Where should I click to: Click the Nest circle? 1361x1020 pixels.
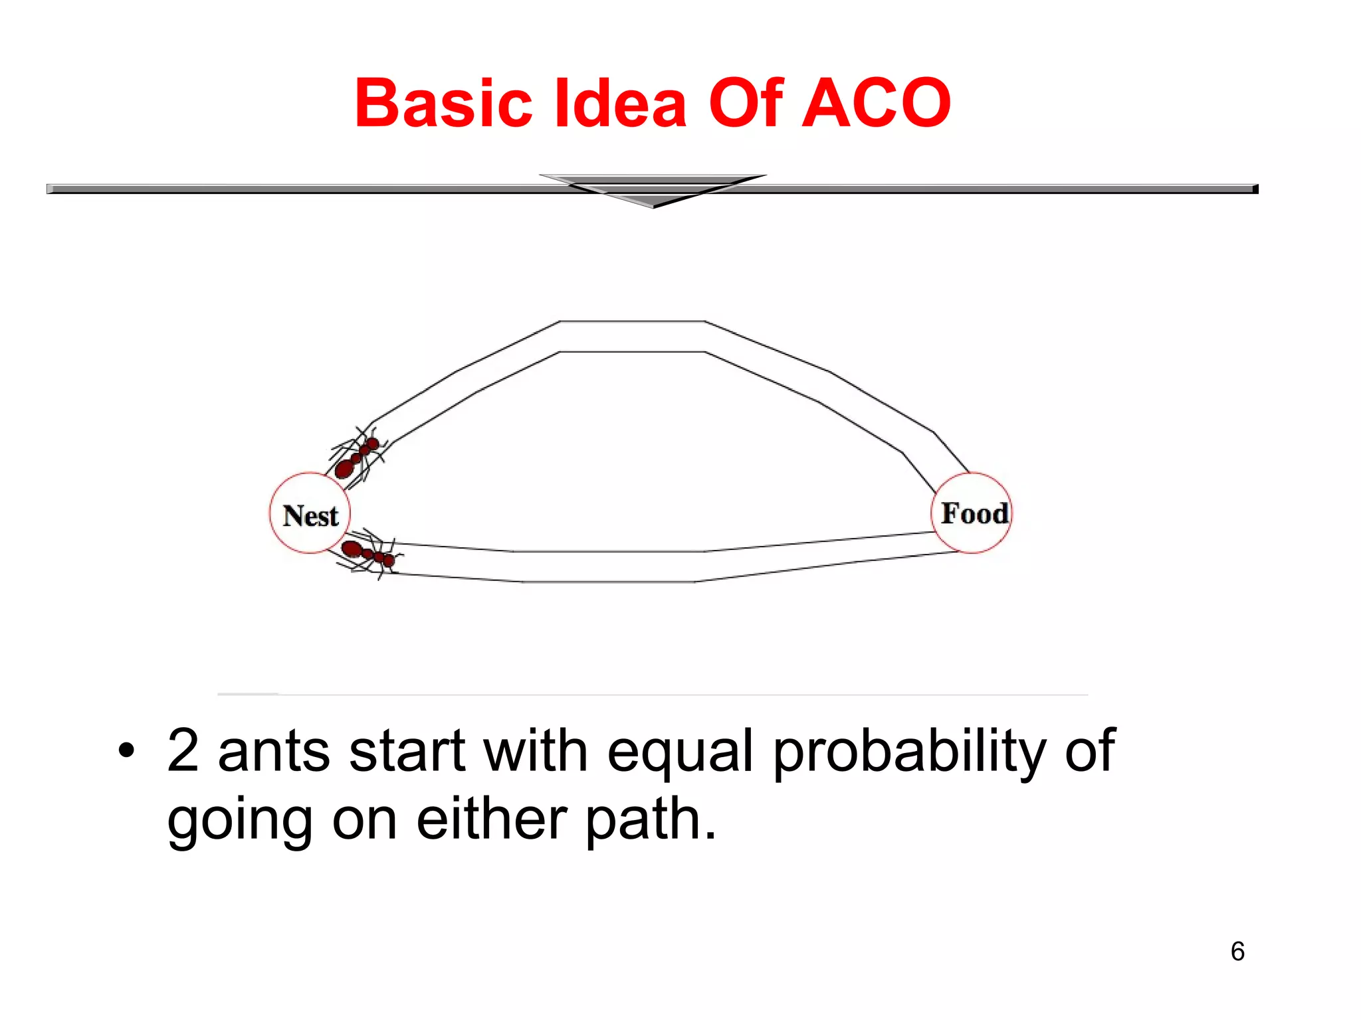pos(310,513)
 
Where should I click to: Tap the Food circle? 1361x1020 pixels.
pos(972,513)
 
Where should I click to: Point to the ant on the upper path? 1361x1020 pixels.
pos(358,456)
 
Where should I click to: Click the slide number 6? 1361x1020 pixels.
pos(1237,952)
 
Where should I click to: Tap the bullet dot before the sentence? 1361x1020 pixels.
pos(126,751)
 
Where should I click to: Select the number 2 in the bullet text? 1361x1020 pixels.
pos(183,750)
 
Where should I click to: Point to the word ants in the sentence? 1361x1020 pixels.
pos(274,752)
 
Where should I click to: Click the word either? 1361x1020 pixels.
pos(492,819)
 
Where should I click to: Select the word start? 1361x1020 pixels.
pos(407,752)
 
